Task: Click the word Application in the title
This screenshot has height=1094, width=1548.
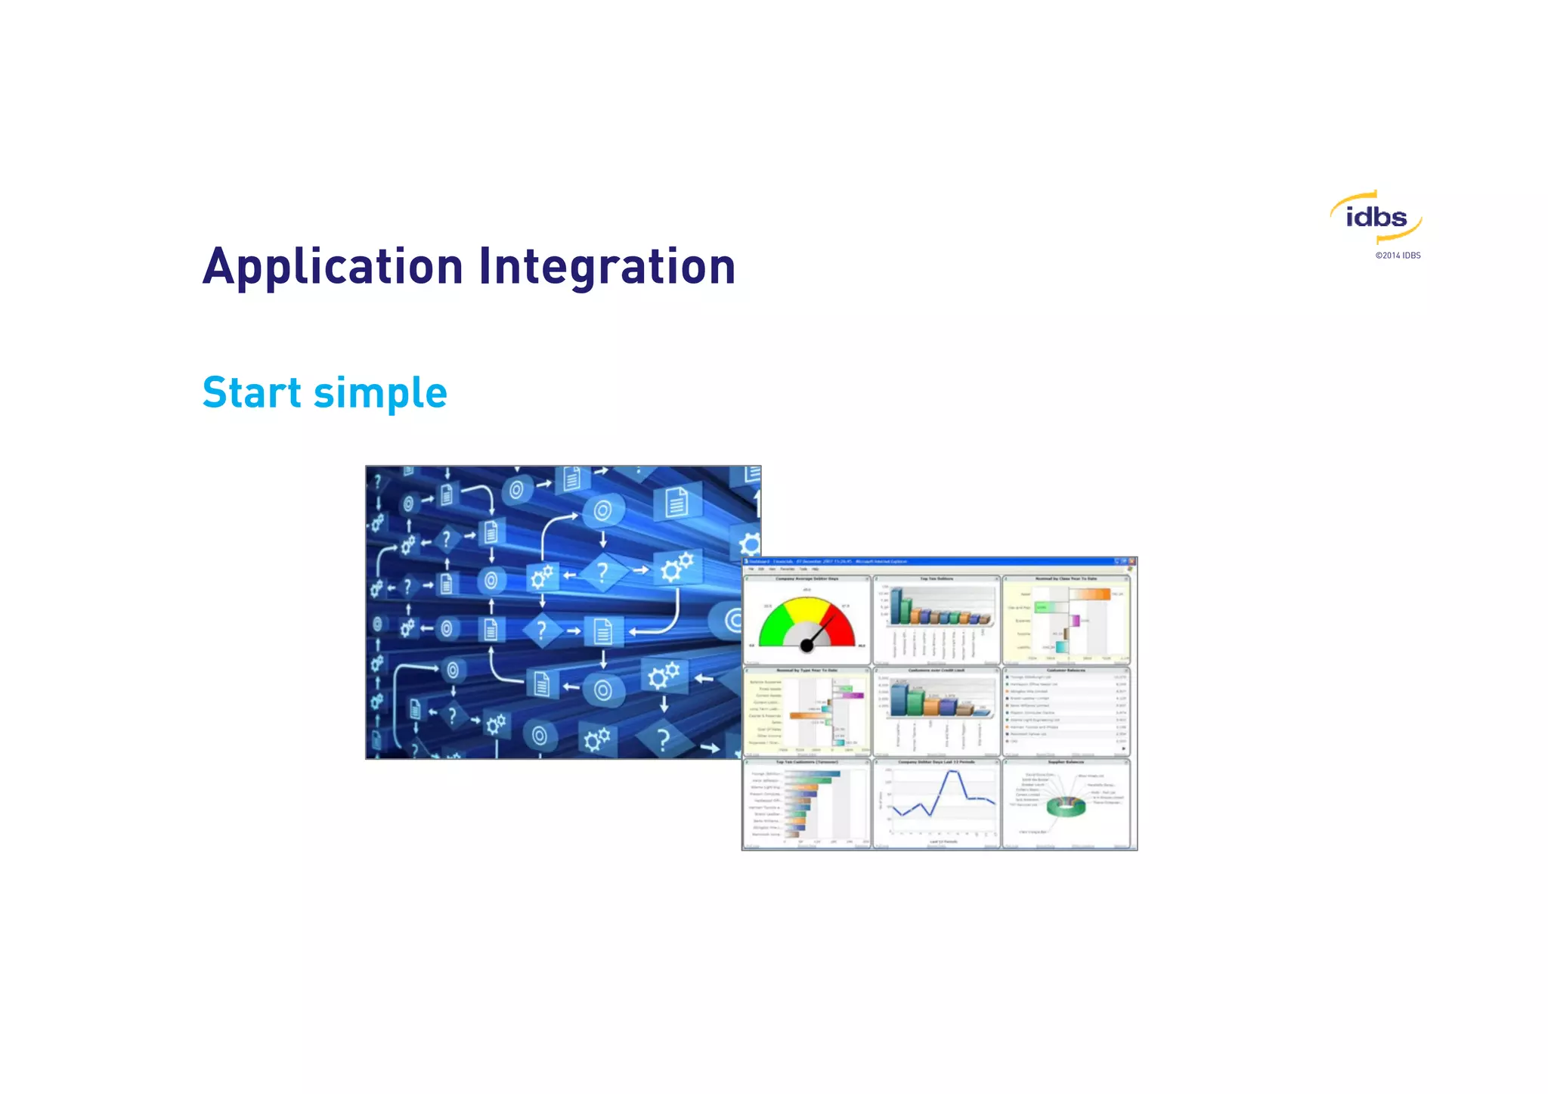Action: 333,267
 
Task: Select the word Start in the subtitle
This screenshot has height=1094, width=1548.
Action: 252,393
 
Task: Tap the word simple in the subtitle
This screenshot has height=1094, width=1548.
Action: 380,393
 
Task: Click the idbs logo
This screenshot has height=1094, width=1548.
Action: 1376,218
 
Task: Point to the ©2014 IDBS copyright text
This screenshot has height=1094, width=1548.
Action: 1398,256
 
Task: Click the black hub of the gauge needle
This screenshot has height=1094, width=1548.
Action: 807,646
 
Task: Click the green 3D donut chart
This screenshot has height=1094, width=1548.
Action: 1066,807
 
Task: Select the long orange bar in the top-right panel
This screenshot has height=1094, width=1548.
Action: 1089,594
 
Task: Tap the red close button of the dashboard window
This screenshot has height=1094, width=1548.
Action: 1132,562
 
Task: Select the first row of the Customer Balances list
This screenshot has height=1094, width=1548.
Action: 1066,677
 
